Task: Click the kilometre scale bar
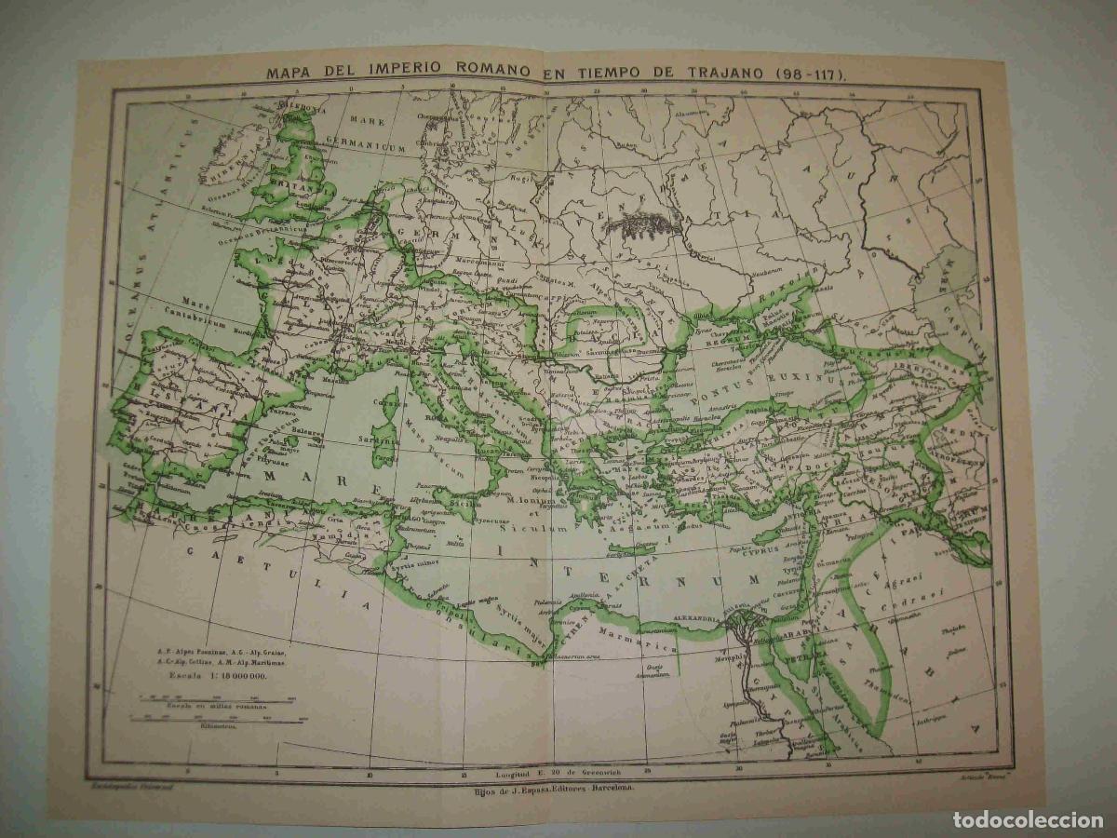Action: (x=212, y=718)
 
